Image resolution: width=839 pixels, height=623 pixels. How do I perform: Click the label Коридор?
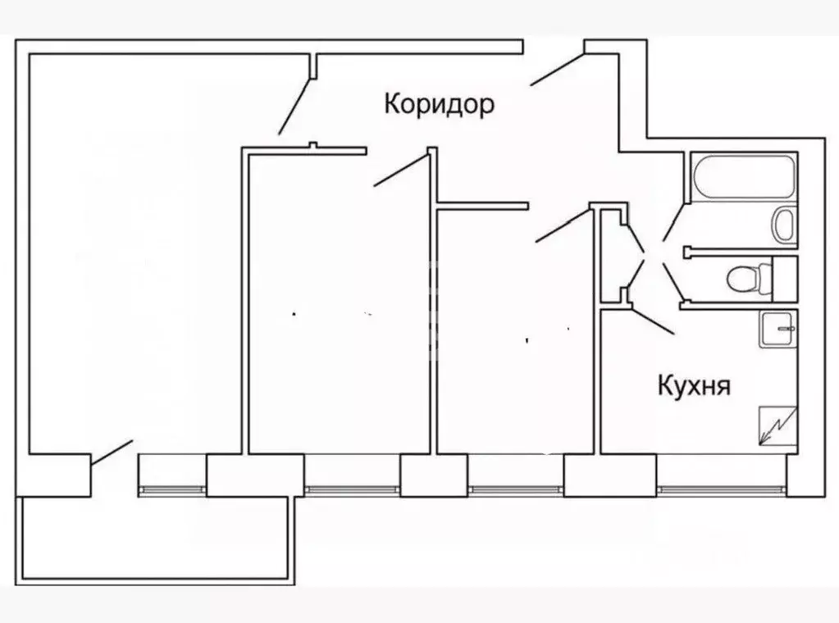[x=439, y=104]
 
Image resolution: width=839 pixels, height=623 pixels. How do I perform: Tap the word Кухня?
[x=694, y=385]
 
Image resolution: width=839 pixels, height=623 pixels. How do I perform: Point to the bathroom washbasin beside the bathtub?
[x=785, y=224]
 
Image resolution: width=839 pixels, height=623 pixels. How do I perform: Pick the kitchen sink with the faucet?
[x=778, y=330]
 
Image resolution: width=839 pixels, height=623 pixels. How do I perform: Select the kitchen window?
[x=721, y=489]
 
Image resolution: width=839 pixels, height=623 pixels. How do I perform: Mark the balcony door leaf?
[x=112, y=453]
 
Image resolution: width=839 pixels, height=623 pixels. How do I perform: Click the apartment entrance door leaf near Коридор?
[x=557, y=69]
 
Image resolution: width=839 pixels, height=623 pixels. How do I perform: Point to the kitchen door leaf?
[x=652, y=321]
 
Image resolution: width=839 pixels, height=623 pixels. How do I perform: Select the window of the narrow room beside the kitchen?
[x=516, y=489]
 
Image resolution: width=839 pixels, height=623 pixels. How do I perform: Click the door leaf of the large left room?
[x=294, y=107]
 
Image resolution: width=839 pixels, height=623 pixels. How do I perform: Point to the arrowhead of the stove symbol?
[x=764, y=439]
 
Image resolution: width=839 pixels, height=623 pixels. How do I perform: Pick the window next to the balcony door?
[x=172, y=489]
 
